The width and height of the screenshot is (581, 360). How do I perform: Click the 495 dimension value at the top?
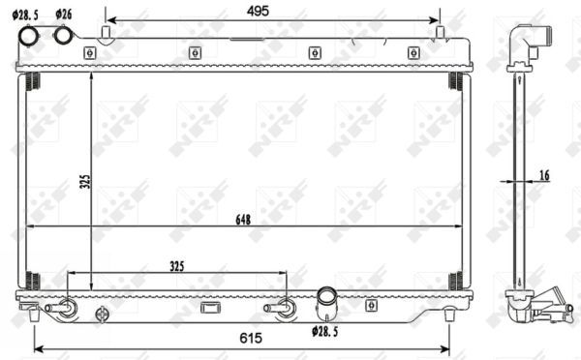(x=256, y=10)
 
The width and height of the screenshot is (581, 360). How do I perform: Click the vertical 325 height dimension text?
(x=84, y=182)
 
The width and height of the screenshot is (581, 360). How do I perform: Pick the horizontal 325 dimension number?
(x=176, y=264)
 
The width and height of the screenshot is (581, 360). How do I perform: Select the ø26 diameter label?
(x=65, y=14)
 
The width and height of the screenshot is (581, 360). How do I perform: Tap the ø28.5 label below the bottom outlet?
(x=324, y=332)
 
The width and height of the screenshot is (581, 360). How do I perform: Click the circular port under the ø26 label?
(x=64, y=36)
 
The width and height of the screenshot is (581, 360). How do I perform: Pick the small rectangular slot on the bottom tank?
(x=210, y=308)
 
